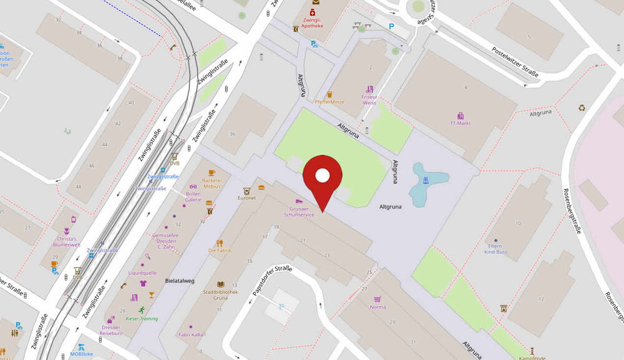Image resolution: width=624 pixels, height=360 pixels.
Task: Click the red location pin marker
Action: pos(322,178)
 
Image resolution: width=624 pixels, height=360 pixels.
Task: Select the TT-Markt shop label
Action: pos(460,123)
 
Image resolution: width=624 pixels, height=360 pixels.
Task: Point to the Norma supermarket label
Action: pos(378,307)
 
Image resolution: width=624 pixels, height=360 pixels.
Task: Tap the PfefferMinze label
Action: pos(329,102)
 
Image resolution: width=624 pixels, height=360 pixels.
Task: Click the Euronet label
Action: pos(246,197)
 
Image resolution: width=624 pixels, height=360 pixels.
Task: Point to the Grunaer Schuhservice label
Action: pos(299,212)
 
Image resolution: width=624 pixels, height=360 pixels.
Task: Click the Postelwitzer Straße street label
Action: pos(515,62)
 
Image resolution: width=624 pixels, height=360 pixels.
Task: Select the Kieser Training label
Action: pos(142,318)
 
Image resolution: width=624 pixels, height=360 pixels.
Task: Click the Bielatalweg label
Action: pos(180,281)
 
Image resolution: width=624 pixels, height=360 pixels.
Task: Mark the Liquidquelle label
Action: pos(142,273)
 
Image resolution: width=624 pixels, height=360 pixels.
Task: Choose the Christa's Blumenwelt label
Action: pos(67,241)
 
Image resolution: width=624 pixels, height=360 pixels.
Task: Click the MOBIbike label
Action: pos(81,354)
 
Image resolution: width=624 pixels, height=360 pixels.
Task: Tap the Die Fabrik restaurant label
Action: pos(219,250)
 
